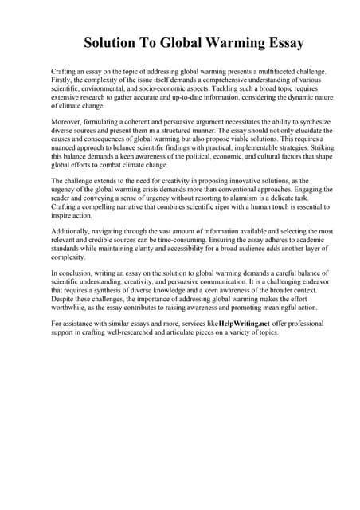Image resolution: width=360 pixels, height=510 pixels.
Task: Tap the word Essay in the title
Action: point(281,42)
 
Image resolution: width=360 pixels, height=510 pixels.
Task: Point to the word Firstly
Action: point(61,80)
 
